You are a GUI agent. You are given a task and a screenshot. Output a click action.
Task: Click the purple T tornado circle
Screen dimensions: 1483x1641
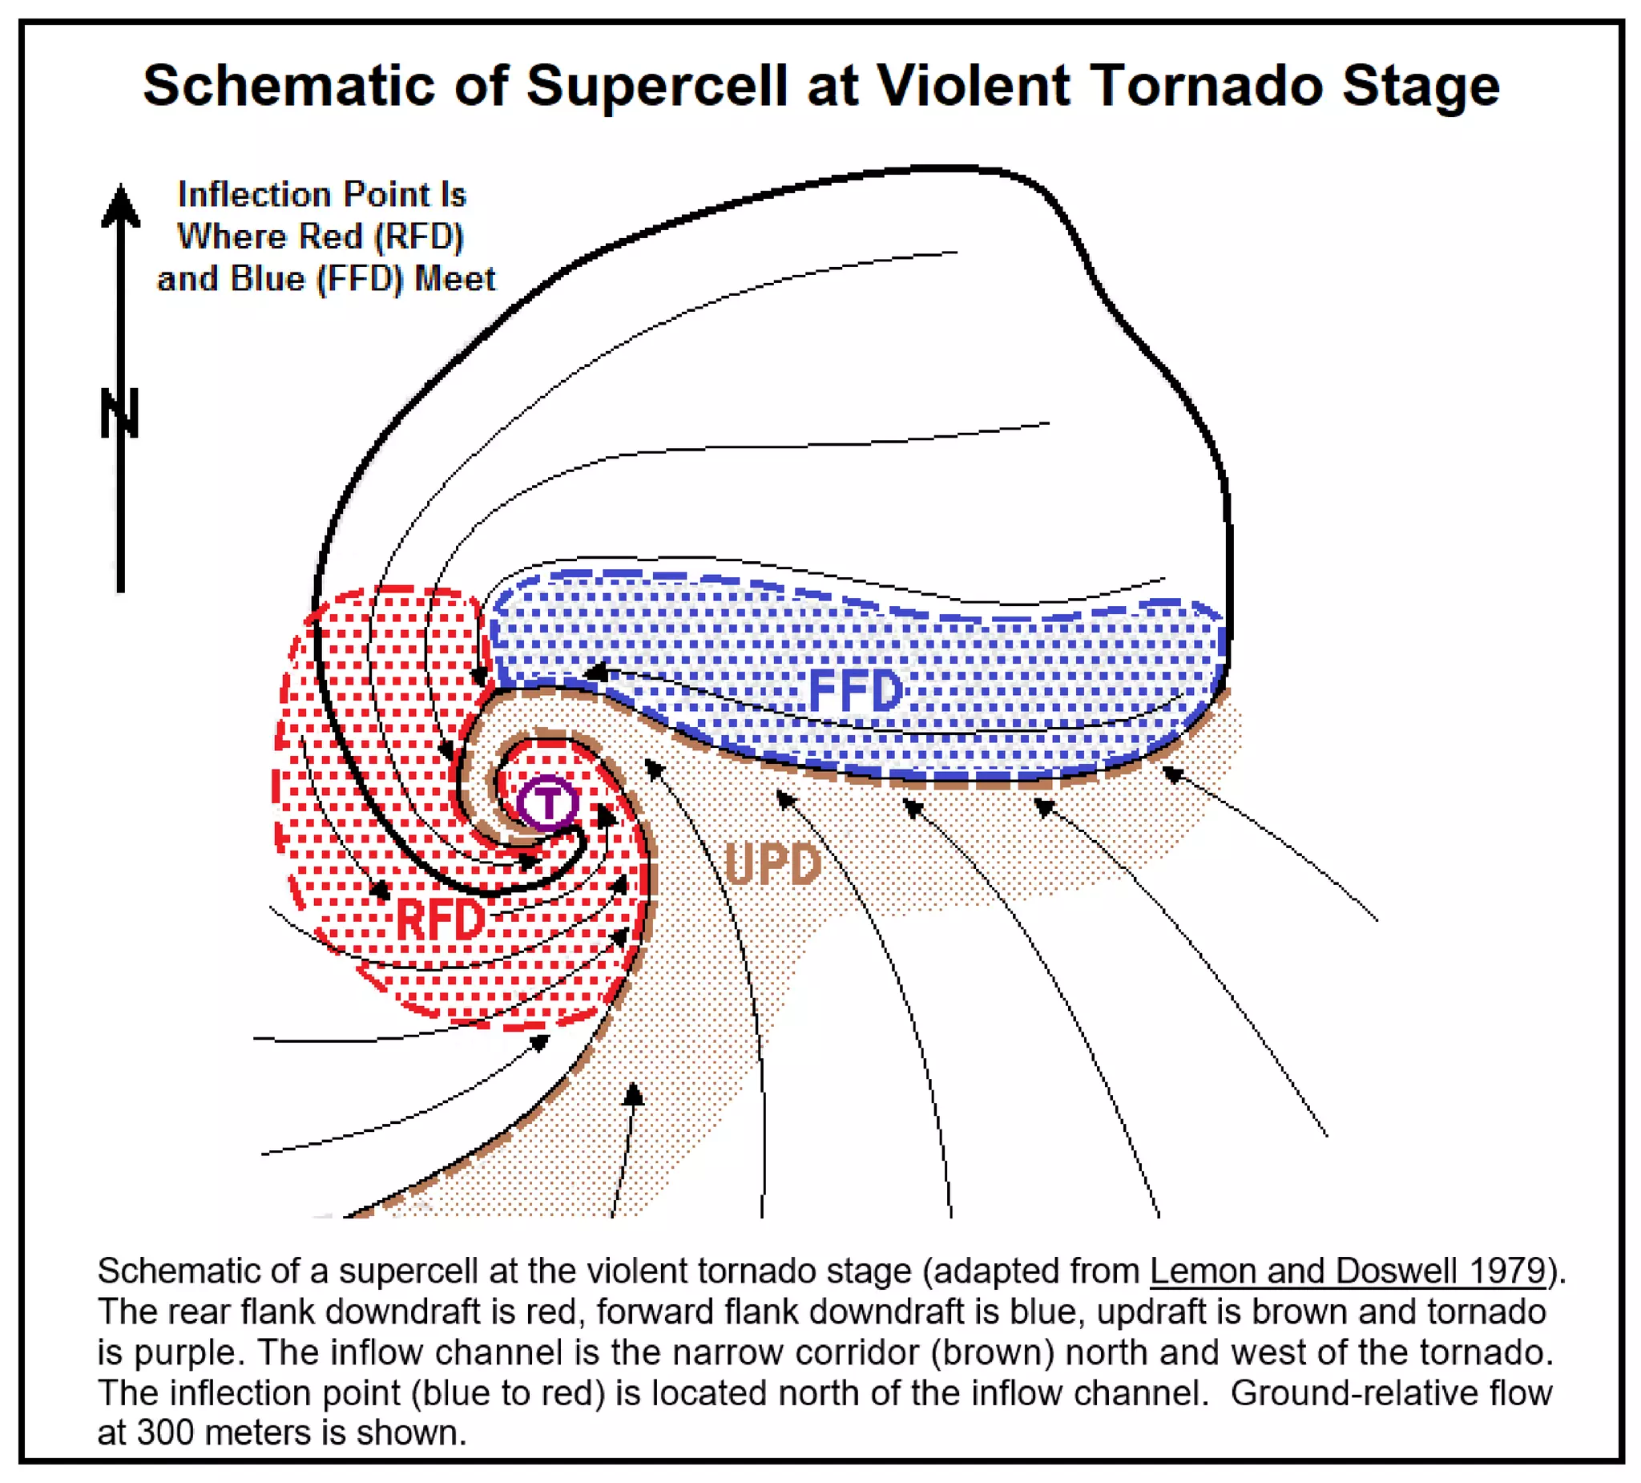548,803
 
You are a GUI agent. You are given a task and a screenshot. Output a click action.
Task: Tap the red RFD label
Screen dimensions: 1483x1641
441,920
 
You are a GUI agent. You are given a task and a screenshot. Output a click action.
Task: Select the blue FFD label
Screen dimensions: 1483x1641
856,691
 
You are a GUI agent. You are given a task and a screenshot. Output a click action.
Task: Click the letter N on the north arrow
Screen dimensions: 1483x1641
119,413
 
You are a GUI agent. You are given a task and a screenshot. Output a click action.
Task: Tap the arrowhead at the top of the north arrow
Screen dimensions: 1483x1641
120,204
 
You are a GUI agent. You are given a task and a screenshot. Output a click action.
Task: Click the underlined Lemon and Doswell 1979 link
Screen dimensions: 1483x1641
1347,1271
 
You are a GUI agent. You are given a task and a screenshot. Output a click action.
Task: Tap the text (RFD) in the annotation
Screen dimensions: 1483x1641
418,237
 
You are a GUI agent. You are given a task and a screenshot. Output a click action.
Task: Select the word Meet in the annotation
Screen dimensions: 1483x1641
454,279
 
